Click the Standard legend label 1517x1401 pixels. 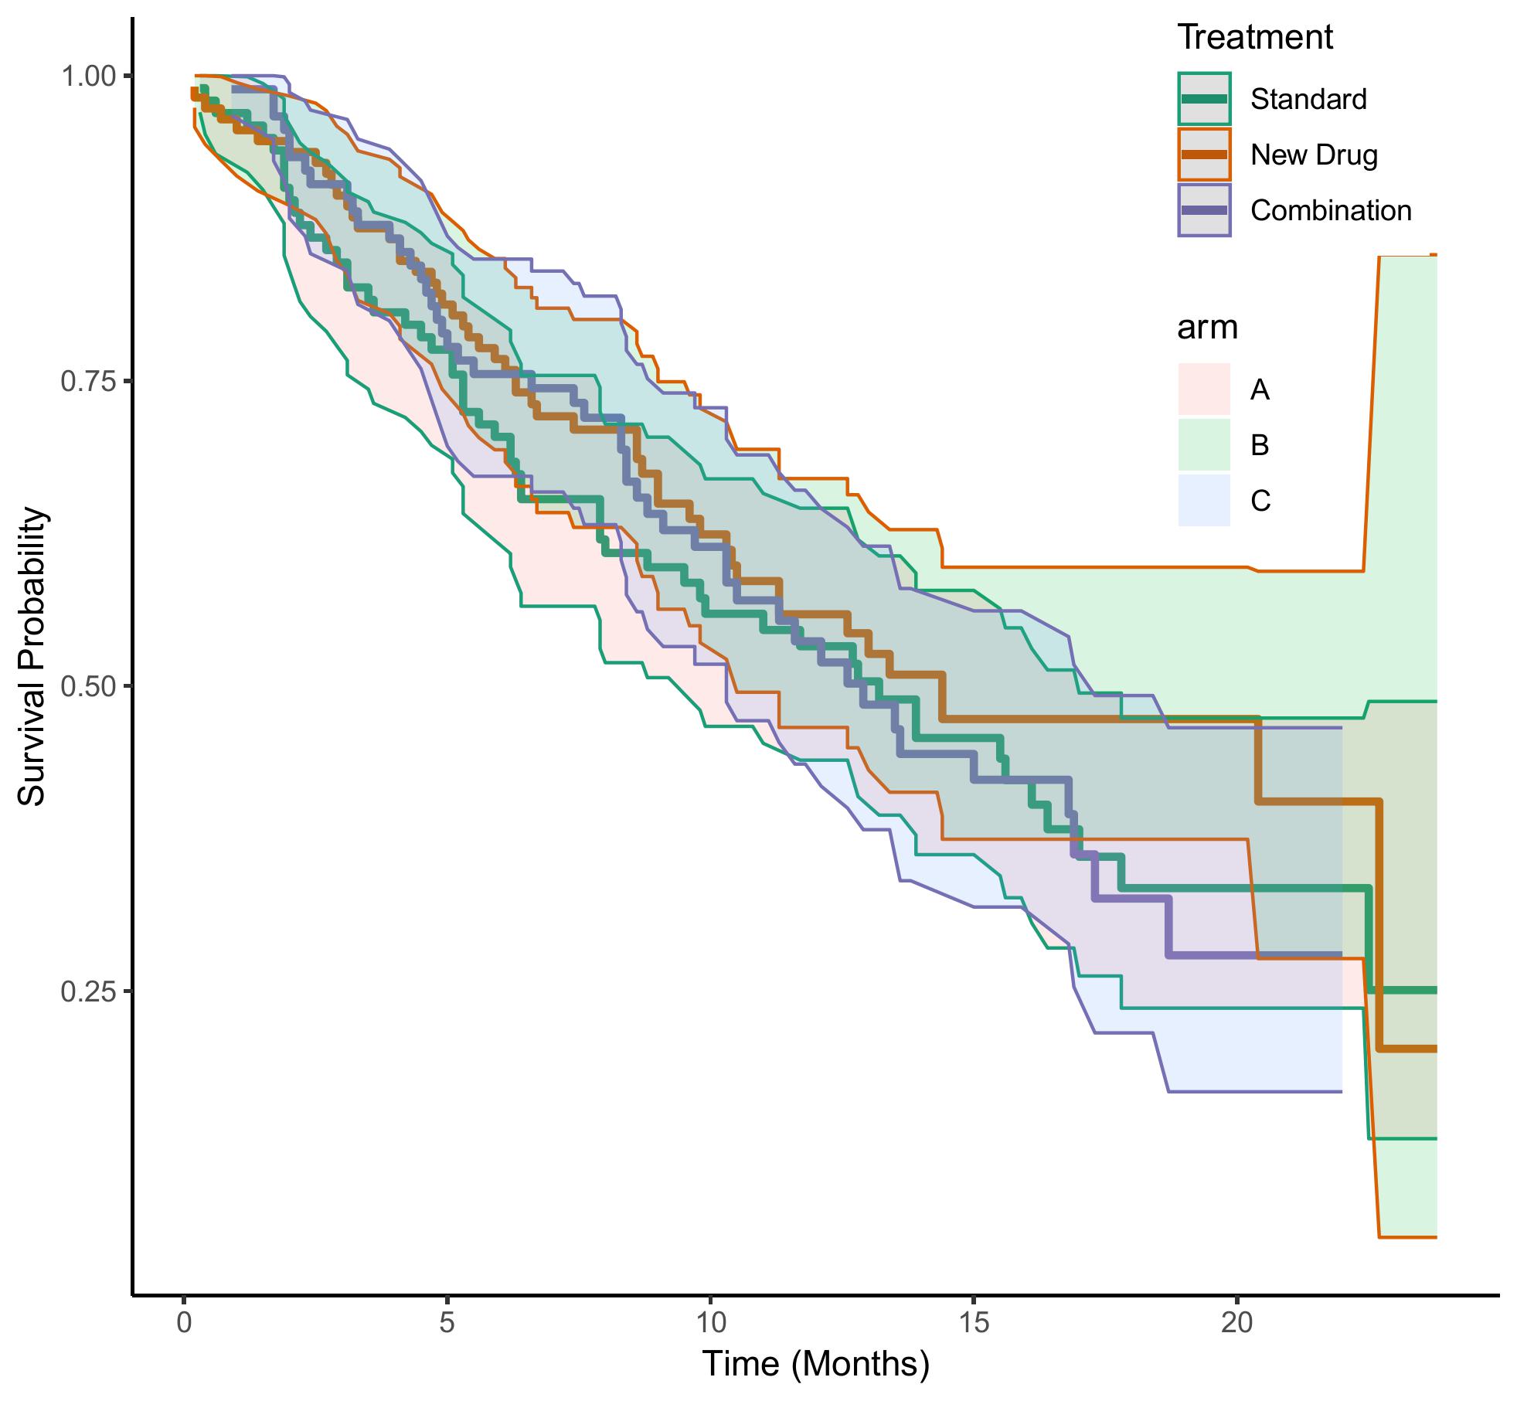[1308, 100]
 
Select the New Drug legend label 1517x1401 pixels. [1314, 155]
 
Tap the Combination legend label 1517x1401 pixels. [1331, 211]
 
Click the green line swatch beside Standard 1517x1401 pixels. [1204, 99]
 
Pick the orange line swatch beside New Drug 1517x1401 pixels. [1204, 155]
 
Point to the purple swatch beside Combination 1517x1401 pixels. [1204, 210]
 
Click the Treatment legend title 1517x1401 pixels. [1255, 37]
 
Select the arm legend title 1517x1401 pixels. [1207, 328]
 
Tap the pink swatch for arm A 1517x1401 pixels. [1204, 389]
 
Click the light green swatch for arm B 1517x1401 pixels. [1204, 445]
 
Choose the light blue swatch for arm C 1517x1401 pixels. [1204, 501]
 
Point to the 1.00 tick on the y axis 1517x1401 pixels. [87, 77]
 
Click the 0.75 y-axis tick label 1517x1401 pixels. [87, 381]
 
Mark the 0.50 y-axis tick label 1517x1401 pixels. [87, 686]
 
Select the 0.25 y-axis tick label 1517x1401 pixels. [87, 991]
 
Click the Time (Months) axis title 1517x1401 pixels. [815, 1365]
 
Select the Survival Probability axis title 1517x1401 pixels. [32, 657]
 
